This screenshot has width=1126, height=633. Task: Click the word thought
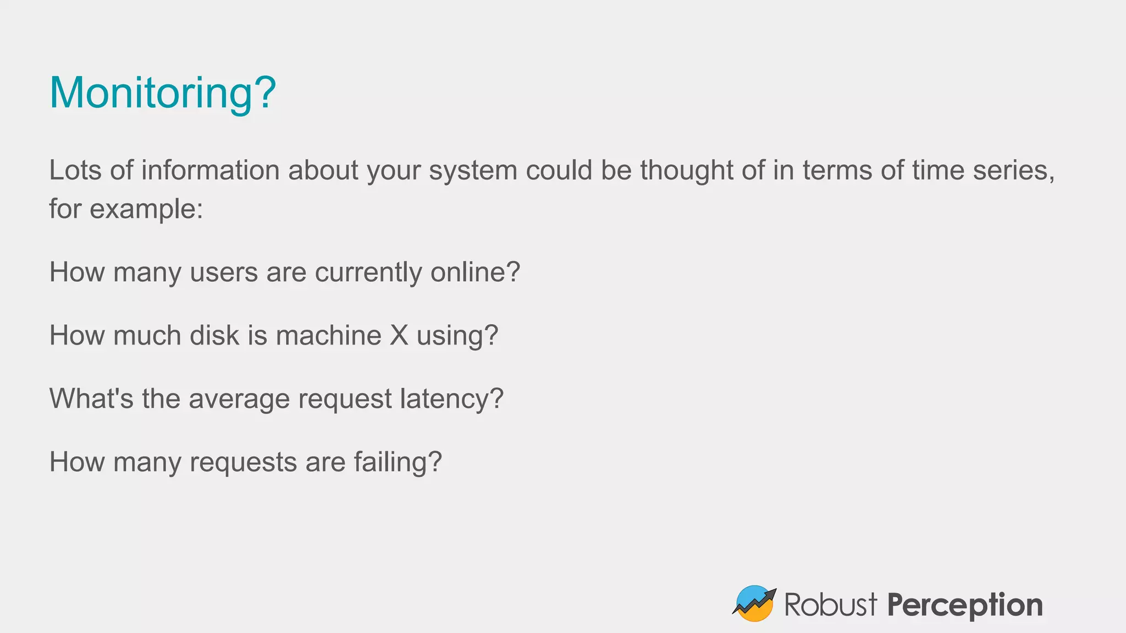pyautogui.click(x=686, y=170)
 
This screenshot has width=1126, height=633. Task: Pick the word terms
pyautogui.click(x=837, y=170)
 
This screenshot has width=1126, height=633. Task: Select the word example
pyautogui.click(x=146, y=209)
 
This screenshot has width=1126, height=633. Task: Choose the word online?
pyautogui.click(x=475, y=272)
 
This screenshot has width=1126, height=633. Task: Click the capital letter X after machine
pyautogui.click(x=399, y=336)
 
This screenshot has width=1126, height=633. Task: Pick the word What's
pyautogui.click(x=91, y=398)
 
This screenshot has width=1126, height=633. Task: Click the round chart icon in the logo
pyautogui.click(x=754, y=603)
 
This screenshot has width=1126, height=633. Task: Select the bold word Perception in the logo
pyautogui.click(x=965, y=606)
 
